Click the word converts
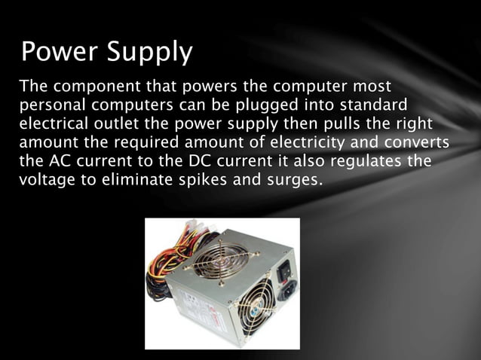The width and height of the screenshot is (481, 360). (421, 143)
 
